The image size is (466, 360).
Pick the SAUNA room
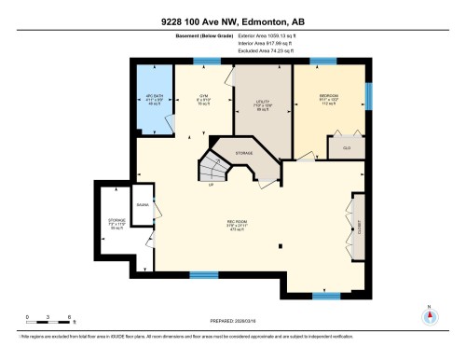(143, 203)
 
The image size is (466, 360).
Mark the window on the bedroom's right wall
(368, 93)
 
